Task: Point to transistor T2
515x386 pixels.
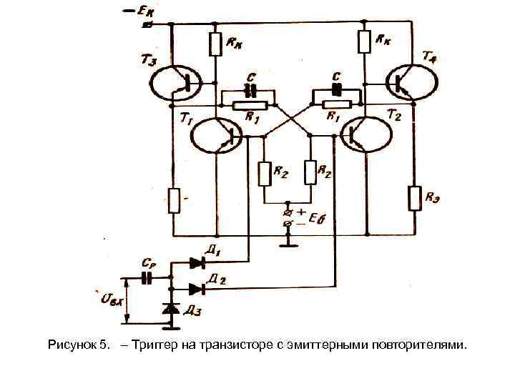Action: click(366, 134)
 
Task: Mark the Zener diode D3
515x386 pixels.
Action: click(171, 309)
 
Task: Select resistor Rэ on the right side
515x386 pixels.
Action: click(414, 197)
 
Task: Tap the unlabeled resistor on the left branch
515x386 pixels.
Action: click(174, 200)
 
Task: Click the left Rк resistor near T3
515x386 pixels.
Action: click(215, 44)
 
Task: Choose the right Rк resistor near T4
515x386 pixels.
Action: click(365, 42)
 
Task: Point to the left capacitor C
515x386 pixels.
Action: click(250, 91)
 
